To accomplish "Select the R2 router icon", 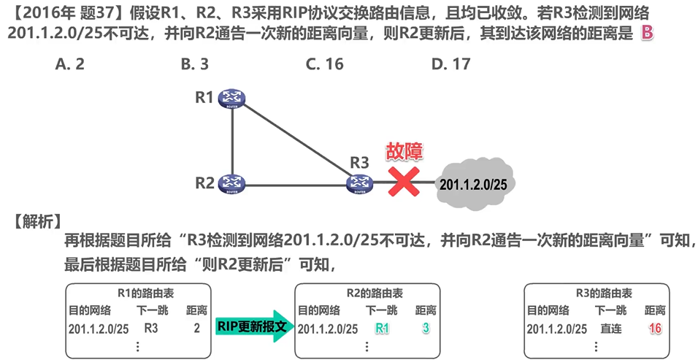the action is (x=233, y=183).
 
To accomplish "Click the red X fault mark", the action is (x=402, y=182).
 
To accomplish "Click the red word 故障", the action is (x=404, y=151).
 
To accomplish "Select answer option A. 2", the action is (x=70, y=64).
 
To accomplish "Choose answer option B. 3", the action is (x=195, y=64).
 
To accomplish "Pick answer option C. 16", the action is (x=325, y=64).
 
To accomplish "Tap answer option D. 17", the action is (x=450, y=64).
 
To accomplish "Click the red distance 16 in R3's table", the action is (x=655, y=329).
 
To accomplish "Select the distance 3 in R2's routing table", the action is (x=426, y=329).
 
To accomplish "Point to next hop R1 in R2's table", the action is (x=382, y=329).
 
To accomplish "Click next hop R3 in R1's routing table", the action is (x=151, y=329).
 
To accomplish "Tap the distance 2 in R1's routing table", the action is (x=196, y=329).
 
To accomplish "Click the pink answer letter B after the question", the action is (x=646, y=33).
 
